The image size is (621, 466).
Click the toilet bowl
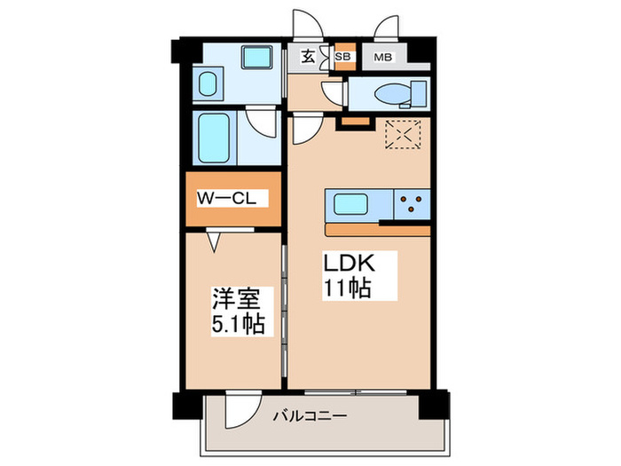click(x=392, y=93)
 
